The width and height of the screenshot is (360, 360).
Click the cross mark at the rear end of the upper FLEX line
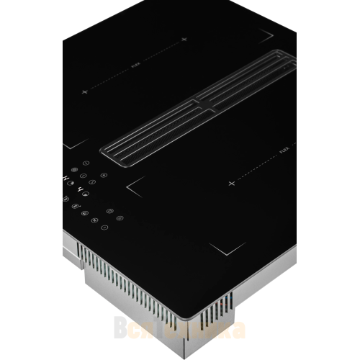pos(184,38)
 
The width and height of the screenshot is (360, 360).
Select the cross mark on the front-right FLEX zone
pos(232,184)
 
